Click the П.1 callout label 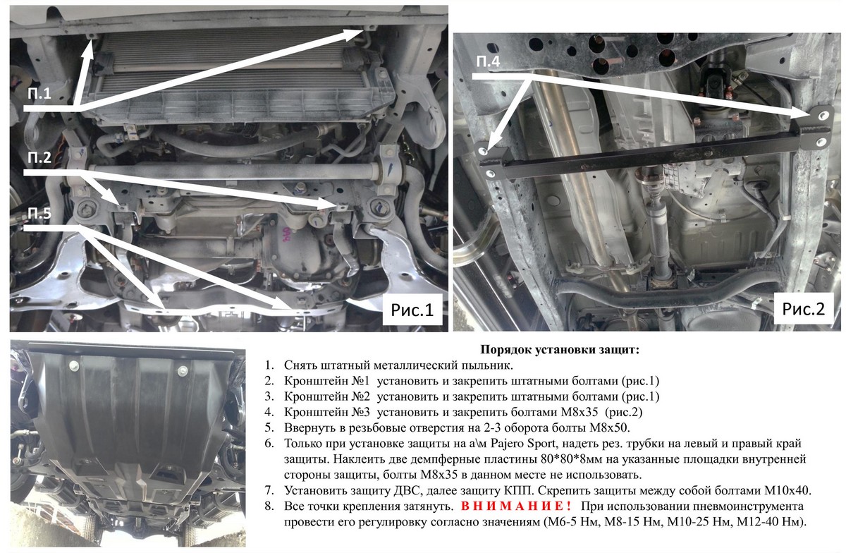39,93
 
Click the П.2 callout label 39,157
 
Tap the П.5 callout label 39,213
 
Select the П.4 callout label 488,61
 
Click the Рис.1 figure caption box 412,310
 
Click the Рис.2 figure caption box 803,309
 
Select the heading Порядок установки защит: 560,350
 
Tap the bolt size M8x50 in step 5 608,428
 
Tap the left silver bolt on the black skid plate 73,365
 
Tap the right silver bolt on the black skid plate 183,371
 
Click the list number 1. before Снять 269,365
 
